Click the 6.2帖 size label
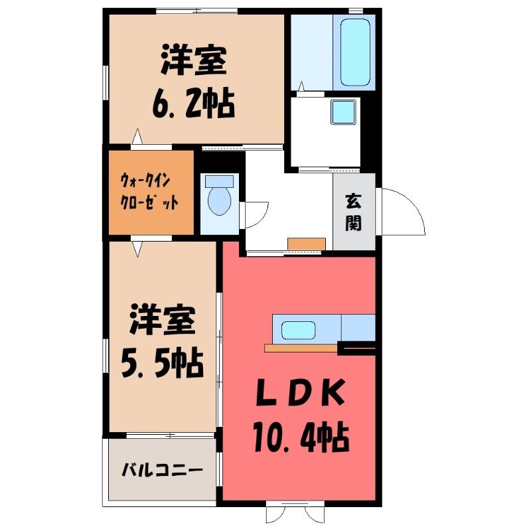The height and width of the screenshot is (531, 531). pyautogui.click(x=193, y=103)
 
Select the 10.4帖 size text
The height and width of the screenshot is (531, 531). pyautogui.click(x=301, y=437)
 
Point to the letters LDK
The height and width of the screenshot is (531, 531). pyautogui.click(x=301, y=393)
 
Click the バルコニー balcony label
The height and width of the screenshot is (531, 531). pyautogui.click(x=162, y=470)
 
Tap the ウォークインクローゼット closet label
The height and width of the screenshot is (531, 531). pyautogui.click(x=149, y=192)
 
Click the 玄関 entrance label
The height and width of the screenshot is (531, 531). pyautogui.click(x=354, y=212)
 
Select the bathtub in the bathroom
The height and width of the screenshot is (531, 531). pyautogui.click(x=354, y=52)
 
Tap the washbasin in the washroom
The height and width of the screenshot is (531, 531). pyautogui.click(x=343, y=112)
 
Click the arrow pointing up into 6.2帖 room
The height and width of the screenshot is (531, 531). pyautogui.click(x=137, y=137)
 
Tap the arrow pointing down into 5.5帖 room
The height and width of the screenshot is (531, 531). pyautogui.click(x=137, y=248)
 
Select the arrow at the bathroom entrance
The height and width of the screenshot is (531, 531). pyautogui.click(x=301, y=86)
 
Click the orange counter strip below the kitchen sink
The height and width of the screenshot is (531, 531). pyautogui.click(x=301, y=348)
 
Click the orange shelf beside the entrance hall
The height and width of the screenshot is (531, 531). pyautogui.click(x=307, y=244)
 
